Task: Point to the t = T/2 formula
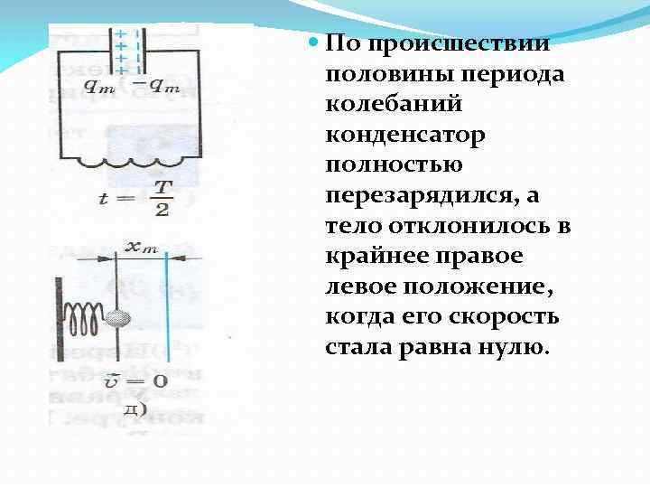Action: tap(135, 197)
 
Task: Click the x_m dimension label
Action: tap(142, 247)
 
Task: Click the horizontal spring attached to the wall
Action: tap(85, 316)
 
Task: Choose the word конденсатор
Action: tap(405, 135)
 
